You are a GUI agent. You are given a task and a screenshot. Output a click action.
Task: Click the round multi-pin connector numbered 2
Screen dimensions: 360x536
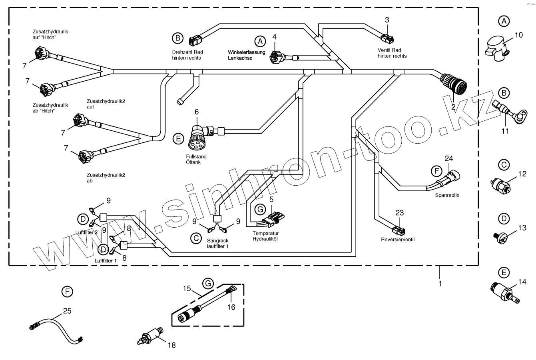pos(454,84)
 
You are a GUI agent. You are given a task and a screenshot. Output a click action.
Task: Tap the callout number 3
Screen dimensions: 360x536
pos(387,20)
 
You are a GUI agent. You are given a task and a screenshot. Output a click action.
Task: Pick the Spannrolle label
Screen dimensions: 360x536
pos(447,196)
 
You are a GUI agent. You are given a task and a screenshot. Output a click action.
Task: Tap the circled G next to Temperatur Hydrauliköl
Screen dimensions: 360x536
pos(260,209)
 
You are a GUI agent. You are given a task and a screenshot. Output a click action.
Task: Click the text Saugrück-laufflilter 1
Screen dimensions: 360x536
pos(218,244)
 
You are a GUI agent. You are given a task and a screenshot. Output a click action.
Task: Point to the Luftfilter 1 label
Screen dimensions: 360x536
pos(106,260)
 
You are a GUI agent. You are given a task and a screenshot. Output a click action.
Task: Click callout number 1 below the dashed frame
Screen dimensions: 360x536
pos(440,284)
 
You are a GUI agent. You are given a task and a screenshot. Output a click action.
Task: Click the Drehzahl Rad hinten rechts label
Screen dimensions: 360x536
pos(186,55)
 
